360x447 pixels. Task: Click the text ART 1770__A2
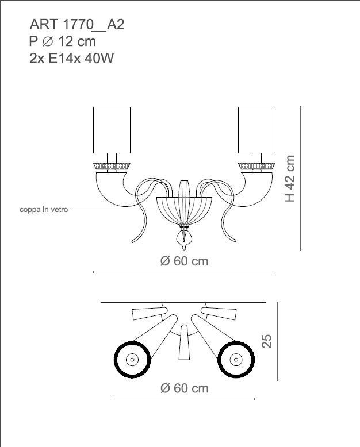(x=76, y=25)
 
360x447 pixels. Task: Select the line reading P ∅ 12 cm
(x=62, y=41)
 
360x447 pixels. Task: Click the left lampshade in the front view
(x=112, y=130)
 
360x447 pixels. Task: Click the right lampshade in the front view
(x=257, y=130)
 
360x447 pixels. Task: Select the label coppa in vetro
(x=44, y=210)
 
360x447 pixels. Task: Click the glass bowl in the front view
(x=184, y=210)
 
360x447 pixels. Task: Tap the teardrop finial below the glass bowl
(x=184, y=237)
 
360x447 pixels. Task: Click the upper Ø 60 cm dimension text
(x=184, y=261)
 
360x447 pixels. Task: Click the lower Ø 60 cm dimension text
(x=184, y=388)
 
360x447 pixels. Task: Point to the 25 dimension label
(x=266, y=341)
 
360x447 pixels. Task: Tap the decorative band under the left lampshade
(x=112, y=166)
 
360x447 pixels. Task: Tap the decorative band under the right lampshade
(x=257, y=166)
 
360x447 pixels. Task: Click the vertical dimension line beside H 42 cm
(x=301, y=178)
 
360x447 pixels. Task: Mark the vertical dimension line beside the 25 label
(x=278, y=341)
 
